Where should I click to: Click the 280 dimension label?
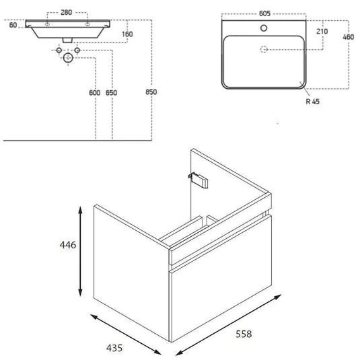66,11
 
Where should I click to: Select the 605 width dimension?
264,11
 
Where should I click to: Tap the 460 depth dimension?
348,37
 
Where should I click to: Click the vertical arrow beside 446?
82,252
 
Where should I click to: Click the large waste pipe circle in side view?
67,59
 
